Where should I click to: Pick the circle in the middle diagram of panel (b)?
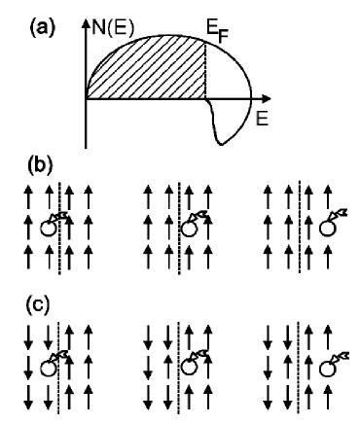(x=189, y=230)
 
